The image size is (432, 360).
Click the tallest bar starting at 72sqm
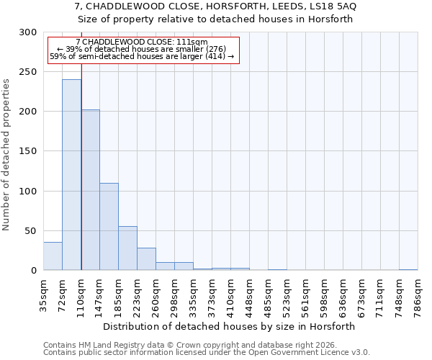(71, 175)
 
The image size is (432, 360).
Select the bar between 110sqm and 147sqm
(90, 190)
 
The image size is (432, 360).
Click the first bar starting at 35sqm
(53, 256)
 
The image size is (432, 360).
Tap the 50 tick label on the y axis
(31, 231)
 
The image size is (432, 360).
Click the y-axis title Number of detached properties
(6, 155)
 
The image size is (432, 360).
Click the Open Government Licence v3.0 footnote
(207, 353)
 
